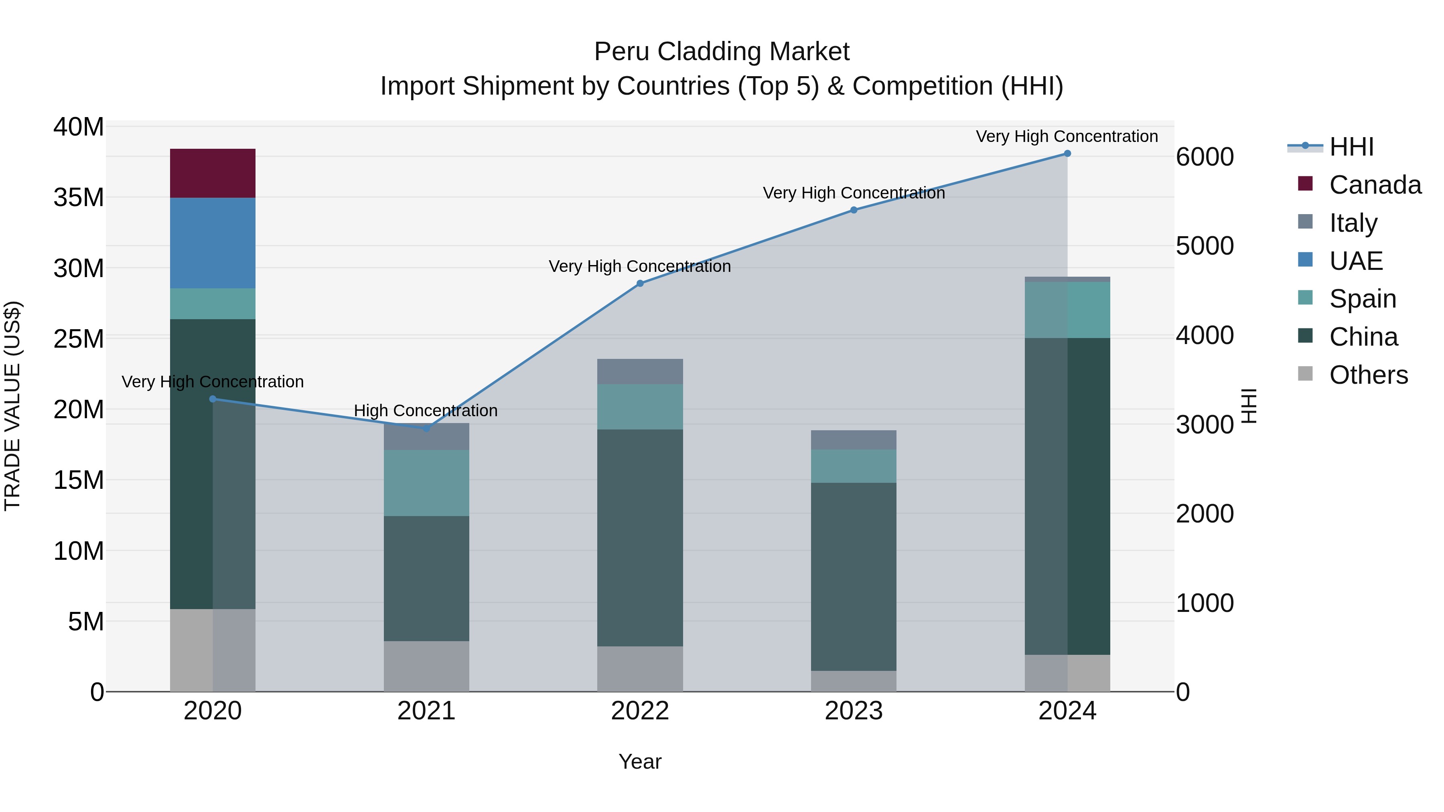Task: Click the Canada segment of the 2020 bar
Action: click(x=213, y=173)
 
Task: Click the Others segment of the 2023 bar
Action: click(x=853, y=681)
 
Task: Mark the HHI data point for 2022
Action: click(x=640, y=283)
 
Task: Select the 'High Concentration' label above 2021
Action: click(x=426, y=411)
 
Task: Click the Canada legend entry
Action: click(x=1375, y=185)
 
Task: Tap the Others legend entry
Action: click(x=1368, y=375)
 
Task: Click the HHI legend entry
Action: click(x=1351, y=147)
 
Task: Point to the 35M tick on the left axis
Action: click(x=79, y=198)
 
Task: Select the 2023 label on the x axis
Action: click(x=853, y=711)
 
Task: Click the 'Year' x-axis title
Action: click(x=640, y=761)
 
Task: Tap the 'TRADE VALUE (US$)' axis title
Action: click(x=12, y=406)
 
